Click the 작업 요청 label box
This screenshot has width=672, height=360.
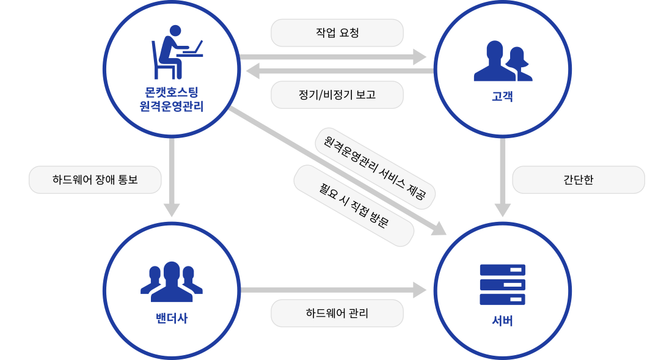coord(337,33)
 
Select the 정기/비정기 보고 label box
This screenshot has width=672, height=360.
coord(337,95)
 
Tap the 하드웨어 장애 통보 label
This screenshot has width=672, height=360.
coord(95,180)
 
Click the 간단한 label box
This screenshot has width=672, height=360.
coord(578,180)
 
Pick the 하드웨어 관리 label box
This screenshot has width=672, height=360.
coord(337,314)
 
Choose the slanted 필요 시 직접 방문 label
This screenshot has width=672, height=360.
coord(354,205)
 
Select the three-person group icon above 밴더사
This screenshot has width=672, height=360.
coord(172,282)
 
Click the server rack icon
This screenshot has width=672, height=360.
coord(502,285)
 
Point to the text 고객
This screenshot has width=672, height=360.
coord(502,95)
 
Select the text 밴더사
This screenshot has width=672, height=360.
coord(172,318)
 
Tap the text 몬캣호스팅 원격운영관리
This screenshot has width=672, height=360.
coord(172,100)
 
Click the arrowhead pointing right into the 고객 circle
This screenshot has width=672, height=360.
coord(420,57)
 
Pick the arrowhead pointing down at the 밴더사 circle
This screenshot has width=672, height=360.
coord(172,210)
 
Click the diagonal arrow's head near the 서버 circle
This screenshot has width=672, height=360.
coord(440,229)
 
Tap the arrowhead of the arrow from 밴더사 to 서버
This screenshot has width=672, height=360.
coord(420,290)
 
